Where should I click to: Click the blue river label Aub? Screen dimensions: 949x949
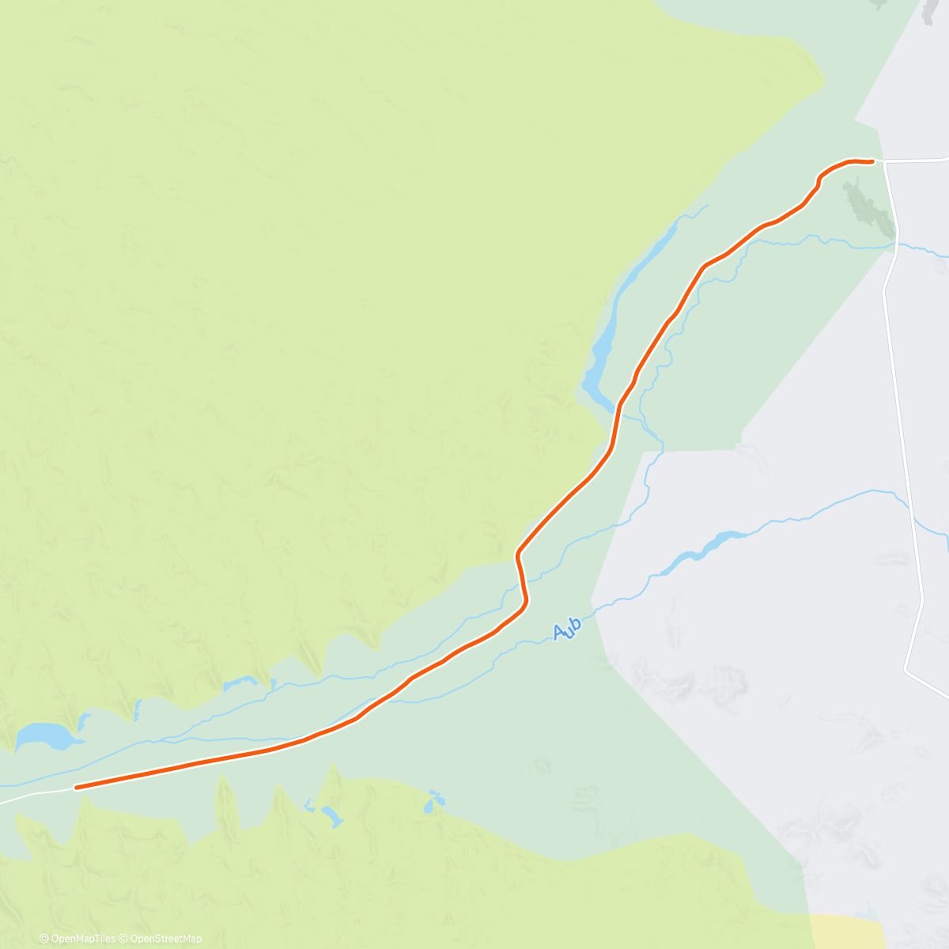click(x=567, y=629)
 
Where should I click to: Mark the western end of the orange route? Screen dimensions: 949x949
click(x=76, y=787)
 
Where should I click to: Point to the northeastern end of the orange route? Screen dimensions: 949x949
click(x=871, y=161)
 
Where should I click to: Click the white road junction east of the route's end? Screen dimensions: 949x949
click(x=884, y=161)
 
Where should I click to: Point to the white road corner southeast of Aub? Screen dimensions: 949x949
click(x=906, y=671)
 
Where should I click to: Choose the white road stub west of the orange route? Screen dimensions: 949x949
click(x=36, y=793)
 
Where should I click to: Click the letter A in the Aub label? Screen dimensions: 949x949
click(x=560, y=632)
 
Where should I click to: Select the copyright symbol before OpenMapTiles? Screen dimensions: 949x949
click(x=43, y=939)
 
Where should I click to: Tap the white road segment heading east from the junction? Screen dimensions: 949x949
click(x=917, y=161)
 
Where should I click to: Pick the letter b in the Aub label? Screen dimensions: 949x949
click(x=576, y=624)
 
